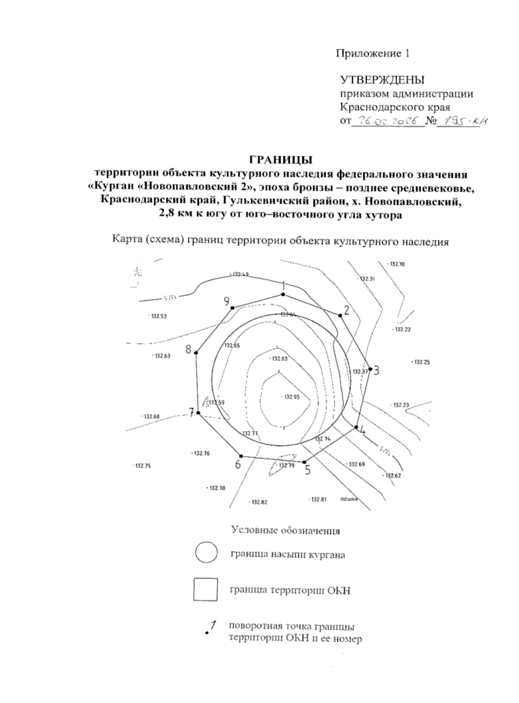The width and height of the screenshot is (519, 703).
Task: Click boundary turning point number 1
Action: click(x=283, y=295)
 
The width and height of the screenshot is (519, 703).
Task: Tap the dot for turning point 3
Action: click(x=370, y=369)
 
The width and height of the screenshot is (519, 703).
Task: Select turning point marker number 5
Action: click(x=304, y=462)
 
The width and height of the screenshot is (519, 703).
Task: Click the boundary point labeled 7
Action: click(x=198, y=413)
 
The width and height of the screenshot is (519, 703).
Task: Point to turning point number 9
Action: click(x=233, y=308)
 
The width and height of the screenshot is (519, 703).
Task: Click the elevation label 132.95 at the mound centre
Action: click(x=291, y=397)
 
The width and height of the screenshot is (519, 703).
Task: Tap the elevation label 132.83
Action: click(x=279, y=359)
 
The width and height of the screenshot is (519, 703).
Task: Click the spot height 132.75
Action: click(x=143, y=466)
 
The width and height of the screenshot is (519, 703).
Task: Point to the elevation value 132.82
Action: click(x=259, y=502)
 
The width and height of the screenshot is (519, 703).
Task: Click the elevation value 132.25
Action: click(x=422, y=362)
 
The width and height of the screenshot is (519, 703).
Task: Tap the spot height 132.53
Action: click(x=158, y=316)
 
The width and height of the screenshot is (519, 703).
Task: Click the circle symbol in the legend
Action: click(x=206, y=552)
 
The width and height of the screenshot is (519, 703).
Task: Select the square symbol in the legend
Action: click(x=205, y=590)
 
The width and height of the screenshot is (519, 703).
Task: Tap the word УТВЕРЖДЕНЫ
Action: click(x=382, y=80)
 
